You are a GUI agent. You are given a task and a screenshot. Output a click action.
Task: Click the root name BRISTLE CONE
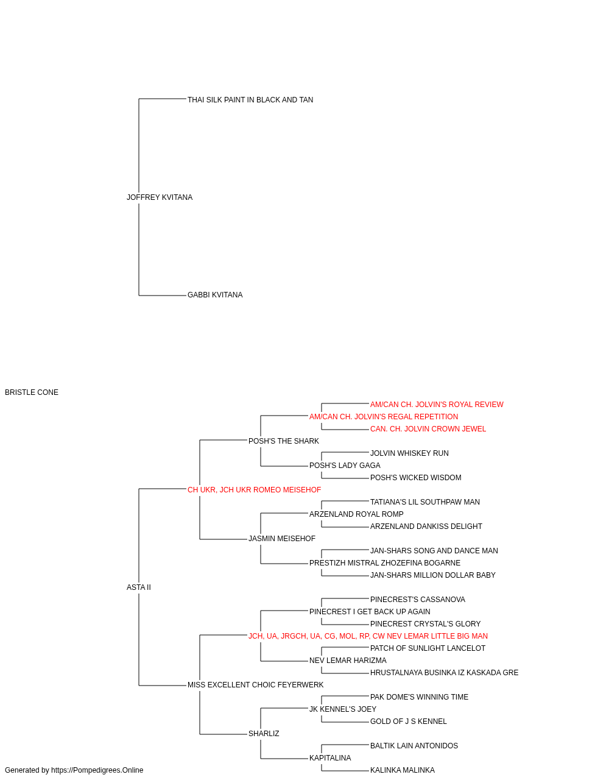[32, 392]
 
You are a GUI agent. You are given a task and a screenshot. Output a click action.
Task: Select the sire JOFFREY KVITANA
[160, 197]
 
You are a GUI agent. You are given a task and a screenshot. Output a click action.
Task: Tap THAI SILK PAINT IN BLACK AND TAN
[250, 100]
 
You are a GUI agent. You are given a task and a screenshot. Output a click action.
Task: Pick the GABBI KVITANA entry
[215, 295]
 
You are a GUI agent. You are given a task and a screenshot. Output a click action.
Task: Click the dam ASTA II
[139, 587]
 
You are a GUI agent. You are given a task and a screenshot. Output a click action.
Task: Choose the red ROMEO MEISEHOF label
[255, 490]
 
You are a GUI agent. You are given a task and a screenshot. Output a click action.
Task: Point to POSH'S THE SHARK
[284, 441]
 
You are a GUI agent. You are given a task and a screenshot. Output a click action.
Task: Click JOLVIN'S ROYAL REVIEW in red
[437, 405]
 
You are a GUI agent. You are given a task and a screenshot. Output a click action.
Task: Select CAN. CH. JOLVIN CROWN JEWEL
[428, 429]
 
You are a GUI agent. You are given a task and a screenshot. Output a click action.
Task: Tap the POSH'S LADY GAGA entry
[345, 466]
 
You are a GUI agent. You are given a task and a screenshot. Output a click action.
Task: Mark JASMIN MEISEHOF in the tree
[282, 539]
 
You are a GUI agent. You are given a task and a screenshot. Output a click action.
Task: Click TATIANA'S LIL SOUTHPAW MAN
[425, 502]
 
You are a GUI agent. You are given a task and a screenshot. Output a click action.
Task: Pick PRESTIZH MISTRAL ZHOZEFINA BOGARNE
[385, 563]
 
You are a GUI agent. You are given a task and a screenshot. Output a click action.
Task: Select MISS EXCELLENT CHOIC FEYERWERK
[255, 685]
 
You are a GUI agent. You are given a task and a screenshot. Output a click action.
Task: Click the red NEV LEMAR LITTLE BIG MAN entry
[368, 636]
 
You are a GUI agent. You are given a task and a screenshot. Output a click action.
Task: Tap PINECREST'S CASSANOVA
[418, 600]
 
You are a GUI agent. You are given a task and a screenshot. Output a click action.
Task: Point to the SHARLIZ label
[264, 734]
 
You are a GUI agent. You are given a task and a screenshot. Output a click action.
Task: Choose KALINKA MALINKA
[403, 770]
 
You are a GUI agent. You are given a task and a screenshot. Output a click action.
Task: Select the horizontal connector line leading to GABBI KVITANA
[163, 296]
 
